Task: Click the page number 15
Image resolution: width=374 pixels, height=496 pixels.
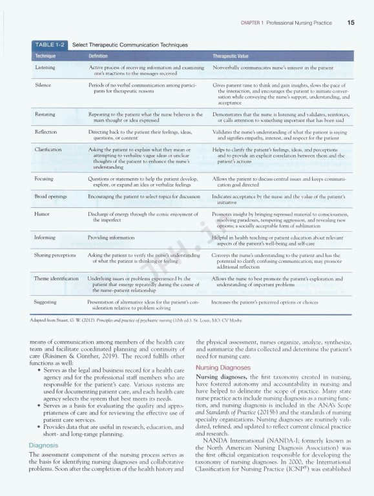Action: coord(349,23)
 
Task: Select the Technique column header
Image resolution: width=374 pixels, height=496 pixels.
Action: coord(46,56)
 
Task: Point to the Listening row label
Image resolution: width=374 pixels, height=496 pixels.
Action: coord(45,67)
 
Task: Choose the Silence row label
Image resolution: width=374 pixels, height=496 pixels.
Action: coord(43,85)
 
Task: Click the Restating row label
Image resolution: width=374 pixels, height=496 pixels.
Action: coord(45,113)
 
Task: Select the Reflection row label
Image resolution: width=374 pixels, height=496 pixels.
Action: coord(46,131)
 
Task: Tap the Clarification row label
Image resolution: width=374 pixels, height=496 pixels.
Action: coord(49,149)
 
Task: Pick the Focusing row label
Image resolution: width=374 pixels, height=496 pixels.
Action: coord(45,178)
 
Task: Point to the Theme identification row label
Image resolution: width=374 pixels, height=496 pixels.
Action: coord(56,278)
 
